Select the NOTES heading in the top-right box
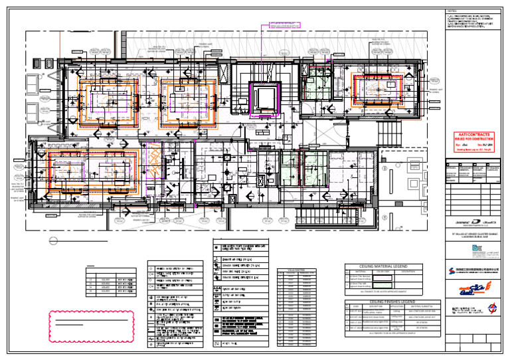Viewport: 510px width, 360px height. point(452,13)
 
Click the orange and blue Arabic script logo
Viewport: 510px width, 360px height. point(471,288)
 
